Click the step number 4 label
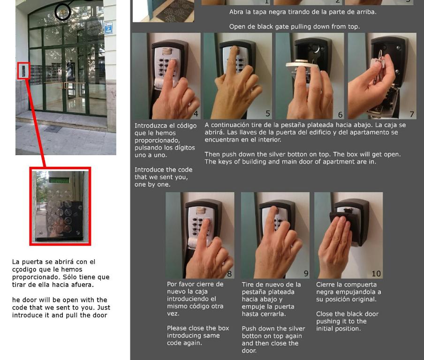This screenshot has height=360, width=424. [196, 114]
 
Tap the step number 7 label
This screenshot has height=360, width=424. [412, 114]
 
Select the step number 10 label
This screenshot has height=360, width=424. [376, 274]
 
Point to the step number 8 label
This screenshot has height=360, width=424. [229, 274]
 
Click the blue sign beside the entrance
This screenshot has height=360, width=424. [108, 28]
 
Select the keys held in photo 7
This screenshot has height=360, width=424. [379, 65]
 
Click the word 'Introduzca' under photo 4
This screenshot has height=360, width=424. [148, 126]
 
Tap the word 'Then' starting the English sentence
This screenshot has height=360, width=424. [212, 154]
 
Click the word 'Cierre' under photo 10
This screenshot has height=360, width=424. [325, 285]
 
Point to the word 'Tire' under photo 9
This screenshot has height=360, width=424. [247, 285]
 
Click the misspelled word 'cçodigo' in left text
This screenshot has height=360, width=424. [23, 270]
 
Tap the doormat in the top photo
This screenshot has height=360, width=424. [175, 11]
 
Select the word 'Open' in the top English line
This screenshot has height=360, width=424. [236, 27]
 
